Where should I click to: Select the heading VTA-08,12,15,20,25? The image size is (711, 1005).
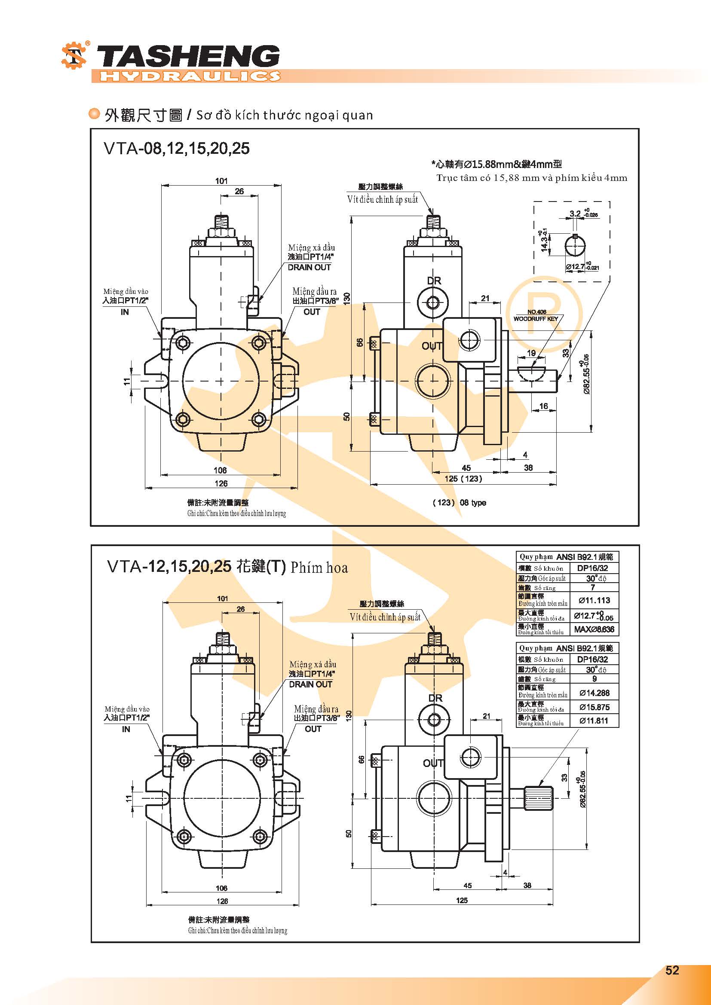pos(176,148)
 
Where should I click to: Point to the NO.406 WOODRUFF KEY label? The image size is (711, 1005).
pos(536,316)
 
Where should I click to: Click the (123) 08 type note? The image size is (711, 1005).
pos(459,503)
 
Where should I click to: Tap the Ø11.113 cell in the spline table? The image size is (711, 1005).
pos(594,600)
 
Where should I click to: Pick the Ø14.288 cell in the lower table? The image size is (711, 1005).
pos(594,693)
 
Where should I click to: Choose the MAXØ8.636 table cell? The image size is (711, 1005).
pos(594,629)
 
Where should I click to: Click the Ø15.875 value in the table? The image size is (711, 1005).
pos(594,707)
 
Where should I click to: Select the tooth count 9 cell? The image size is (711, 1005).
pos(594,679)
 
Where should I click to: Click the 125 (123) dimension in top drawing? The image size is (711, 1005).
pos(463,478)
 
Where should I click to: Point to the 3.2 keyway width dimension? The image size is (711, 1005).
pos(575,214)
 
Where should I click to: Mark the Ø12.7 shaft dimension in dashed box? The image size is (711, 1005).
pos(575,266)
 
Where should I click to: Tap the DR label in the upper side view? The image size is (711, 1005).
pos(434,281)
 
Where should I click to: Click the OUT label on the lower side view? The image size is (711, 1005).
pos(432,763)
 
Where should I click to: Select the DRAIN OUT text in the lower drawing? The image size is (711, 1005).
pos(310,684)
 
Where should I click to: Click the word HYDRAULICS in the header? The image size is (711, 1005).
pos(190,76)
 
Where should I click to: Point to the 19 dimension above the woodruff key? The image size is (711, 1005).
pos(531,353)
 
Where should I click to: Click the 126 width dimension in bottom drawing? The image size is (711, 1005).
pos(222,901)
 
